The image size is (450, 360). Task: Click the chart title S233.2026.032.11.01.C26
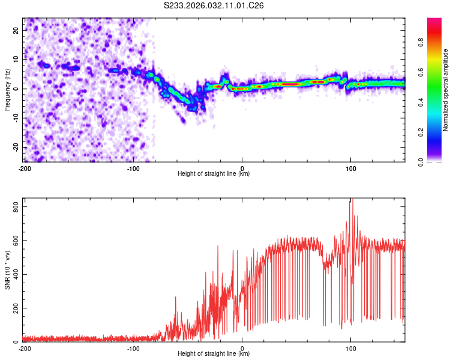pyautogui.click(x=214, y=5)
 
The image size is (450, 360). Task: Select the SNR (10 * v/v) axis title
pyautogui.click(x=7, y=271)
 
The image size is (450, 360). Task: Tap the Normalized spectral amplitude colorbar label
pyautogui.click(x=446, y=91)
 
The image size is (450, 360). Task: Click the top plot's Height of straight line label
pyautogui.click(x=214, y=173)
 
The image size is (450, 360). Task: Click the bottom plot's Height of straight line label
pyautogui.click(x=214, y=353)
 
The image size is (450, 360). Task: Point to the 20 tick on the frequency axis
pyautogui.click(x=16, y=29)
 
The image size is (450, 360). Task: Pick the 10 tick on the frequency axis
pyautogui.click(x=16, y=59)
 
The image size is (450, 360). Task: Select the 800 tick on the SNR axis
pyautogui.click(x=14, y=206)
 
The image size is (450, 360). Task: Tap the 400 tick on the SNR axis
pyautogui.click(x=14, y=274)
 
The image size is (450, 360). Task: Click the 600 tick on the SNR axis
pyautogui.click(x=14, y=241)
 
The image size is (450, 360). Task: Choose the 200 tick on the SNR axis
pyautogui.click(x=14, y=308)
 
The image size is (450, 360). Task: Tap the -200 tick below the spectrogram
pyautogui.click(x=25, y=168)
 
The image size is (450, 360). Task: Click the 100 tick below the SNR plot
pyautogui.click(x=351, y=348)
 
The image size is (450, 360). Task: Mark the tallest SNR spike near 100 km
pyautogui.click(x=352, y=200)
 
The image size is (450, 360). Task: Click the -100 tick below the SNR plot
pyautogui.click(x=133, y=348)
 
